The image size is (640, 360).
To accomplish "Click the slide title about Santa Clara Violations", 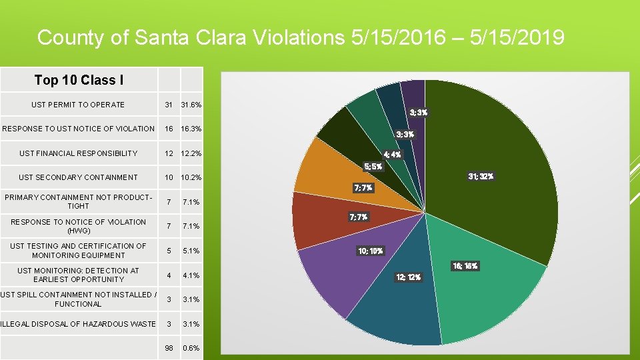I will pyautogui.click(x=301, y=37).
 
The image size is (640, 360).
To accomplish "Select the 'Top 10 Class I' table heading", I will pyautogui.click(x=79, y=81).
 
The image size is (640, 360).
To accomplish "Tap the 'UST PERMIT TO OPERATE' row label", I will pyautogui.click(x=78, y=105).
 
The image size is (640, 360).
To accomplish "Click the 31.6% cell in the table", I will pyautogui.click(x=191, y=105).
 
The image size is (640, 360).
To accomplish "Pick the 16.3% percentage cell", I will pyautogui.click(x=191, y=129).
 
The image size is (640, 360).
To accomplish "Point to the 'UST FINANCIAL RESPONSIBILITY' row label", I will pyautogui.click(x=78, y=153).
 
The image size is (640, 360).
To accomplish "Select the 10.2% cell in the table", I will pyautogui.click(x=191, y=177).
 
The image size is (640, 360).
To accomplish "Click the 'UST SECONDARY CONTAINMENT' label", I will pyautogui.click(x=78, y=177).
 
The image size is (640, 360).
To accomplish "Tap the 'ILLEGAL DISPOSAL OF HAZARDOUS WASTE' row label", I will pyautogui.click(x=78, y=324).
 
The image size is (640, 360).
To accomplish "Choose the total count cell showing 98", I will pyautogui.click(x=169, y=348).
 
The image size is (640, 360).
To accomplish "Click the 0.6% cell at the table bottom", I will pyautogui.click(x=191, y=348).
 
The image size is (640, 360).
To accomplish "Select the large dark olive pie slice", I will pyautogui.click(x=493, y=153).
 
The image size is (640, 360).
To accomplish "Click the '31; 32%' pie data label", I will pyautogui.click(x=480, y=177).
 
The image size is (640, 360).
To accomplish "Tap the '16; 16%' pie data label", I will pyautogui.click(x=465, y=266).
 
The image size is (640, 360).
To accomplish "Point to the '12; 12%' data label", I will pyautogui.click(x=409, y=277).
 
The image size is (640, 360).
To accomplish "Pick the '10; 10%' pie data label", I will pyautogui.click(x=371, y=251).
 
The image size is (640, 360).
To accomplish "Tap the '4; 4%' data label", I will pyautogui.click(x=392, y=155).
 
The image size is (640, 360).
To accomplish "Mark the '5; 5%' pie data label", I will pyautogui.click(x=373, y=167).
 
